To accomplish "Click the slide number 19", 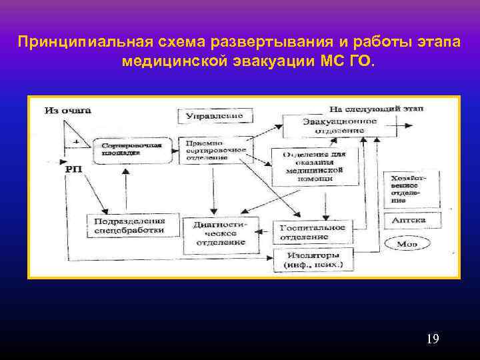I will point(432,340).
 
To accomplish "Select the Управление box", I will point(211,116).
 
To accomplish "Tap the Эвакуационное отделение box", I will point(330,126).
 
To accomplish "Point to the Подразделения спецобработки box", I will point(125,225).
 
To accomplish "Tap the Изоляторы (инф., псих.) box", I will point(311,261).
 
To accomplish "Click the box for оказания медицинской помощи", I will point(314,165).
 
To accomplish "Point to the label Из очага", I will point(67,109).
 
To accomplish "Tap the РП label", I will point(75,171).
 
